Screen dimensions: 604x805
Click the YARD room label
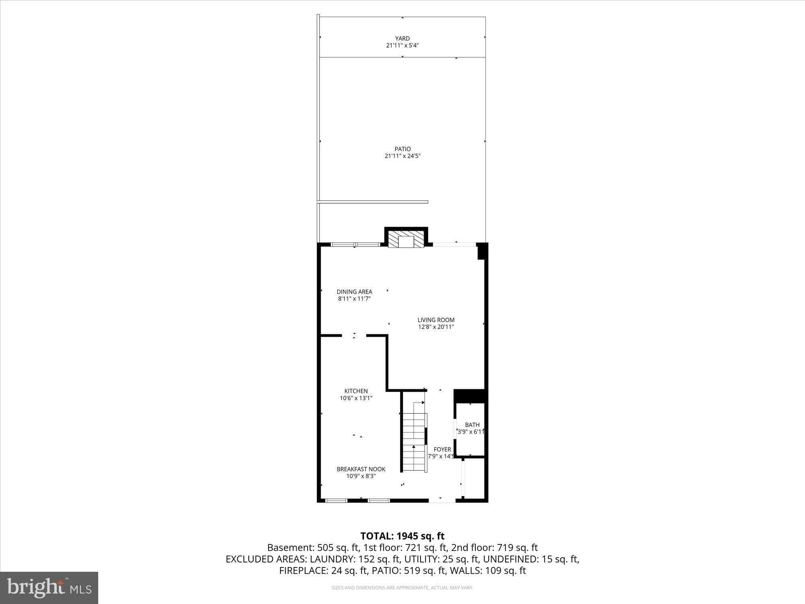tap(402, 39)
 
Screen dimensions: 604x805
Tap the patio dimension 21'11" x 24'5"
tap(402, 156)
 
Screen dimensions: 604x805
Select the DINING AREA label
tap(354, 292)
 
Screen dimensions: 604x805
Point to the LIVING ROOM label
tap(436, 320)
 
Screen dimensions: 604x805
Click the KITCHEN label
tap(356, 391)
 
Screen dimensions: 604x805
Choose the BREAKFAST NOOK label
tap(361, 469)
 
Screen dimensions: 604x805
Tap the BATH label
tap(472, 425)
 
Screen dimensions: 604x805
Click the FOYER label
tap(442, 449)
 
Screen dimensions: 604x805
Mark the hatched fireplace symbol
tap(406, 239)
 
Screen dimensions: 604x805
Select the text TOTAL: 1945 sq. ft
tap(402, 536)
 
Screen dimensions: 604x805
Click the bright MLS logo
tap(49, 587)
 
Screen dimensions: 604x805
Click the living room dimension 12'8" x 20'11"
tap(436, 327)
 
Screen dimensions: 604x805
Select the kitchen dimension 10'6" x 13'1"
tap(356, 398)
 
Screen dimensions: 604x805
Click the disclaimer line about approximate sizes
tap(402, 588)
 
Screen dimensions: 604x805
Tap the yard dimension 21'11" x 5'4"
tap(402, 46)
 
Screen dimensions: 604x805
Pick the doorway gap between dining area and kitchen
tap(354, 335)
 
